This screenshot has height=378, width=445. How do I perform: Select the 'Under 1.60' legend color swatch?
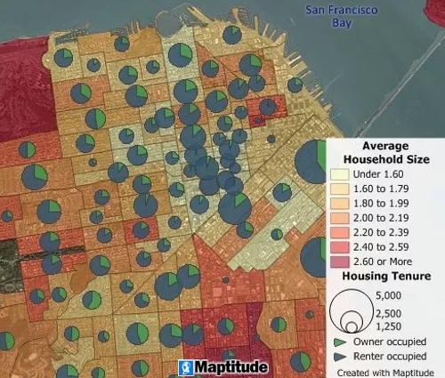(x=340, y=173)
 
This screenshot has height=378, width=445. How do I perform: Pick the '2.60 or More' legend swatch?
(x=340, y=261)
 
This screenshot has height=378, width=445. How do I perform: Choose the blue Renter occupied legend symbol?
(x=340, y=356)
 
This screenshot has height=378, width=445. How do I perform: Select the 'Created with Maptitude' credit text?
(x=385, y=371)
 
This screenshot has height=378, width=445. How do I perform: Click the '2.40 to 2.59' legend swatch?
(x=340, y=247)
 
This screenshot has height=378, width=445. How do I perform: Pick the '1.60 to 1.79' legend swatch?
(x=340, y=189)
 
